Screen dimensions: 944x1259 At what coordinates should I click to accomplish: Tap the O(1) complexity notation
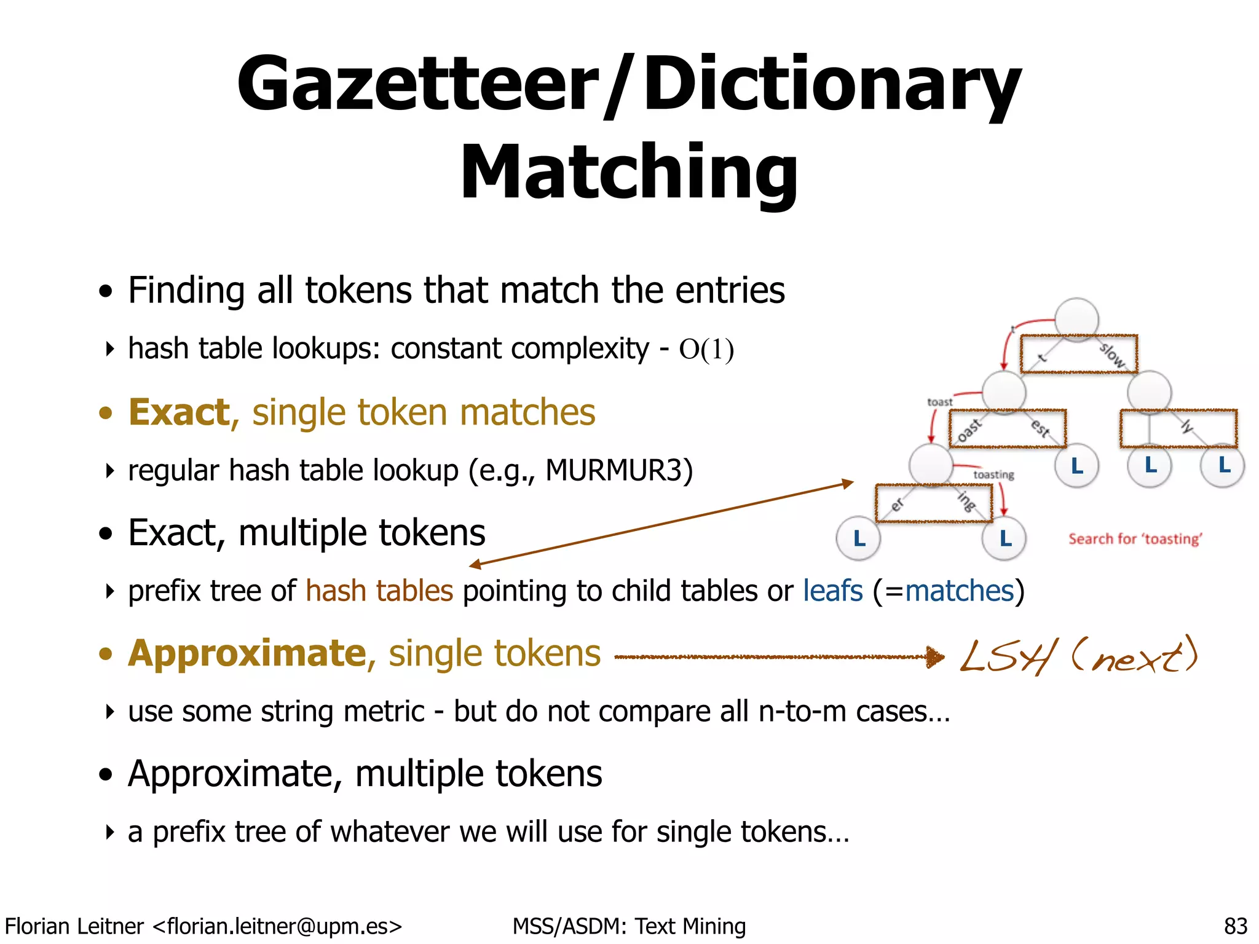coord(706,350)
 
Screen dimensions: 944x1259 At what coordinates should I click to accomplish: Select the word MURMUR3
coord(619,471)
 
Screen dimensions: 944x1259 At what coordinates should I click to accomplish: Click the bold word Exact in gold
coord(179,412)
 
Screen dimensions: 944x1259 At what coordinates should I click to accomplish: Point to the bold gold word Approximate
coord(247,653)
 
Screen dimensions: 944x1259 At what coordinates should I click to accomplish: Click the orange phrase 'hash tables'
coord(379,591)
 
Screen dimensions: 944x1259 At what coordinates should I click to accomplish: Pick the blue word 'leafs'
coord(833,591)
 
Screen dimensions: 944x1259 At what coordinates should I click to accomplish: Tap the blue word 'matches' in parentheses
coord(959,591)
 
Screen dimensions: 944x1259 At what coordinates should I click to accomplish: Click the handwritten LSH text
coord(1008,656)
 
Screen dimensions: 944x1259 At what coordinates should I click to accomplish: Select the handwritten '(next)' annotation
coord(1135,655)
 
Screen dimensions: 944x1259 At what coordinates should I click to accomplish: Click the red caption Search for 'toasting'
coord(1135,539)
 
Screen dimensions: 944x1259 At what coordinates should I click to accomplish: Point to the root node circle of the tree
coord(1076,319)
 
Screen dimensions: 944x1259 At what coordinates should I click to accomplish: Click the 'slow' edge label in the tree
coord(1112,355)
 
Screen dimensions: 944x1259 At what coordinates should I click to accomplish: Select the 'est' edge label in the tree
coord(1040,427)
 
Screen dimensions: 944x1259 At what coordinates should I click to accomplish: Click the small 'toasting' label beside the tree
coord(993,474)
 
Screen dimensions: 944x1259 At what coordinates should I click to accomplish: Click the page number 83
coord(1236,926)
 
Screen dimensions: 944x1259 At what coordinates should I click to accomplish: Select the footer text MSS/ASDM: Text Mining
coord(629,926)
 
